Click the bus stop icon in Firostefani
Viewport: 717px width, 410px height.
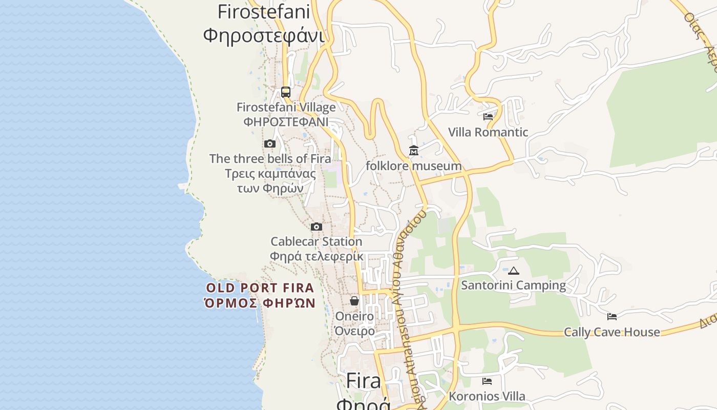coord(286,92)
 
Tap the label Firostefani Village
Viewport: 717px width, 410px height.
coord(286,108)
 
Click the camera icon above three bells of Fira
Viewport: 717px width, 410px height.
coord(270,144)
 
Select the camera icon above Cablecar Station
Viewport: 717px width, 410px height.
coord(317,227)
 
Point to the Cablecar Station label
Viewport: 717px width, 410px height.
coord(316,241)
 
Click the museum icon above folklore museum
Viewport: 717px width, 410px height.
coord(413,151)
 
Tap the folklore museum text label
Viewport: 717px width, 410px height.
coord(413,166)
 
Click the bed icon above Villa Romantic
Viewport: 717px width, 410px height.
coord(488,117)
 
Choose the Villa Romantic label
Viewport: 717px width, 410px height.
coord(488,132)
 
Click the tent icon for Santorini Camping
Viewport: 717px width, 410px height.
coord(514,271)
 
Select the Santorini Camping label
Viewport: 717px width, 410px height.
coord(514,285)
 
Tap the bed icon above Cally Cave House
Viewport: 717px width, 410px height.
coord(612,317)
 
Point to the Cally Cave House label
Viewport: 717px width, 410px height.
coord(612,332)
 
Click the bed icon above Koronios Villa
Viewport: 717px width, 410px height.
coord(487,381)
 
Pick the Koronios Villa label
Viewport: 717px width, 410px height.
coord(487,396)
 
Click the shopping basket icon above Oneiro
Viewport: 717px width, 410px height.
coord(354,301)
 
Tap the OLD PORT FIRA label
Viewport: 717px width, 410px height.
coord(260,288)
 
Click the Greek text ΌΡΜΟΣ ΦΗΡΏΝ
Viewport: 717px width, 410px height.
coord(260,303)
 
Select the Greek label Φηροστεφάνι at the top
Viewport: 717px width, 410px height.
coord(264,36)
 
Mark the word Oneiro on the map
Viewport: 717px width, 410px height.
coord(354,316)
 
